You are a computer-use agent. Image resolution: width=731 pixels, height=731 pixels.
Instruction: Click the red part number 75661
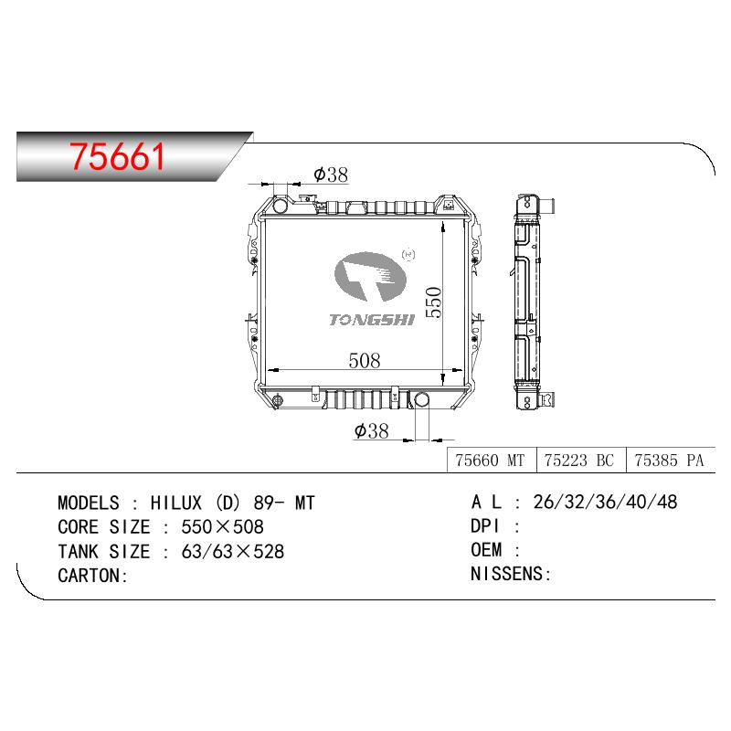117,156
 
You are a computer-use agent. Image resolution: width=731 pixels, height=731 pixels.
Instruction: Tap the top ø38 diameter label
331,175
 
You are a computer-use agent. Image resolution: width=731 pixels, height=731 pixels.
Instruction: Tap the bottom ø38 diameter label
372,430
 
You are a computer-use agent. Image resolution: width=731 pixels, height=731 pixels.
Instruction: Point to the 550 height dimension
433,302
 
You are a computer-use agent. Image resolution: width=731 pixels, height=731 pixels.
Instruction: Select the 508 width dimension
364,360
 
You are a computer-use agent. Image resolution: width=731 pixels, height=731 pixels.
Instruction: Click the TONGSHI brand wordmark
372,320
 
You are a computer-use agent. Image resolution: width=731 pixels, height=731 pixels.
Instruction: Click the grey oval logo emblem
370,277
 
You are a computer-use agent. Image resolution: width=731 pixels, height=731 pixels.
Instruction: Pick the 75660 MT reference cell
492,461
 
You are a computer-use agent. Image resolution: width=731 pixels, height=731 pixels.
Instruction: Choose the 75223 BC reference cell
581,461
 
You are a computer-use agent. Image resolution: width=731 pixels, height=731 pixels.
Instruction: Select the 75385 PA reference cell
671,461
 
